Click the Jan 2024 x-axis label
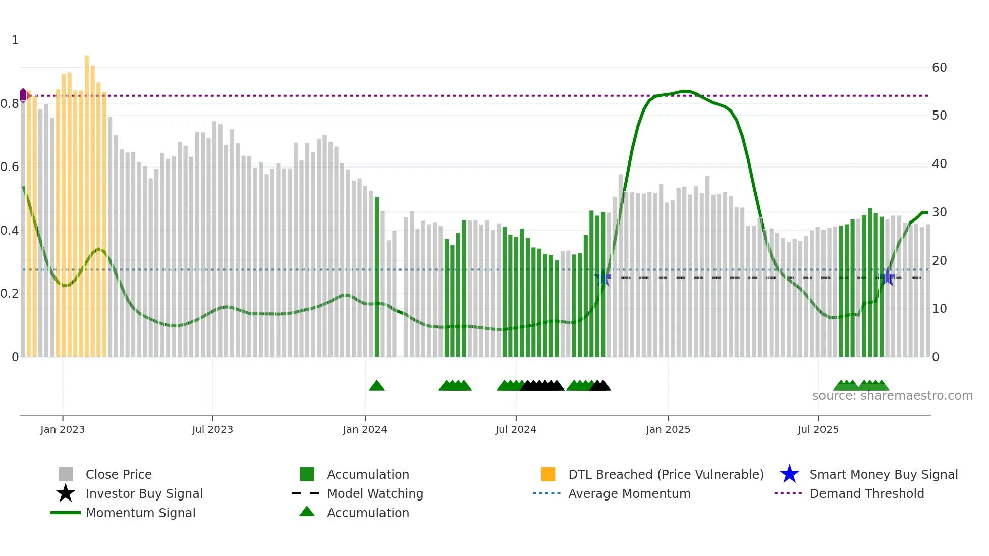[x=365, y=429]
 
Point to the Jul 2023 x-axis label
[x=212, y=429]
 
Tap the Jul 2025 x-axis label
[x=818, y=429]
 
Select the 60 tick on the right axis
[x=939, y=68]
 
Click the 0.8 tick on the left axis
[x=10, y=104]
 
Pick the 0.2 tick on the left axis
[x=10, y=294]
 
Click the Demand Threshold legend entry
[x=866, y=493]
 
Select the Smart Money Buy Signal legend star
[x=789, y=474]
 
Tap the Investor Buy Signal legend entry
[x=144, y=493]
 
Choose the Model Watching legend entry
[x=375, y=493]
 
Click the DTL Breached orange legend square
[x=548, y=474]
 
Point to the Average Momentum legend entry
[x=629, y=493]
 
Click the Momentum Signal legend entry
[x=140, y=513]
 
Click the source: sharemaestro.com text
[x=892, y=396]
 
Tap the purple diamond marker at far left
[x=23, y=95]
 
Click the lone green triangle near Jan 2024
[x=377, y=386]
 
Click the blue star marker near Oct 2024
[x=603, y=277]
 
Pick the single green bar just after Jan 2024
[x=377, y=277]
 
